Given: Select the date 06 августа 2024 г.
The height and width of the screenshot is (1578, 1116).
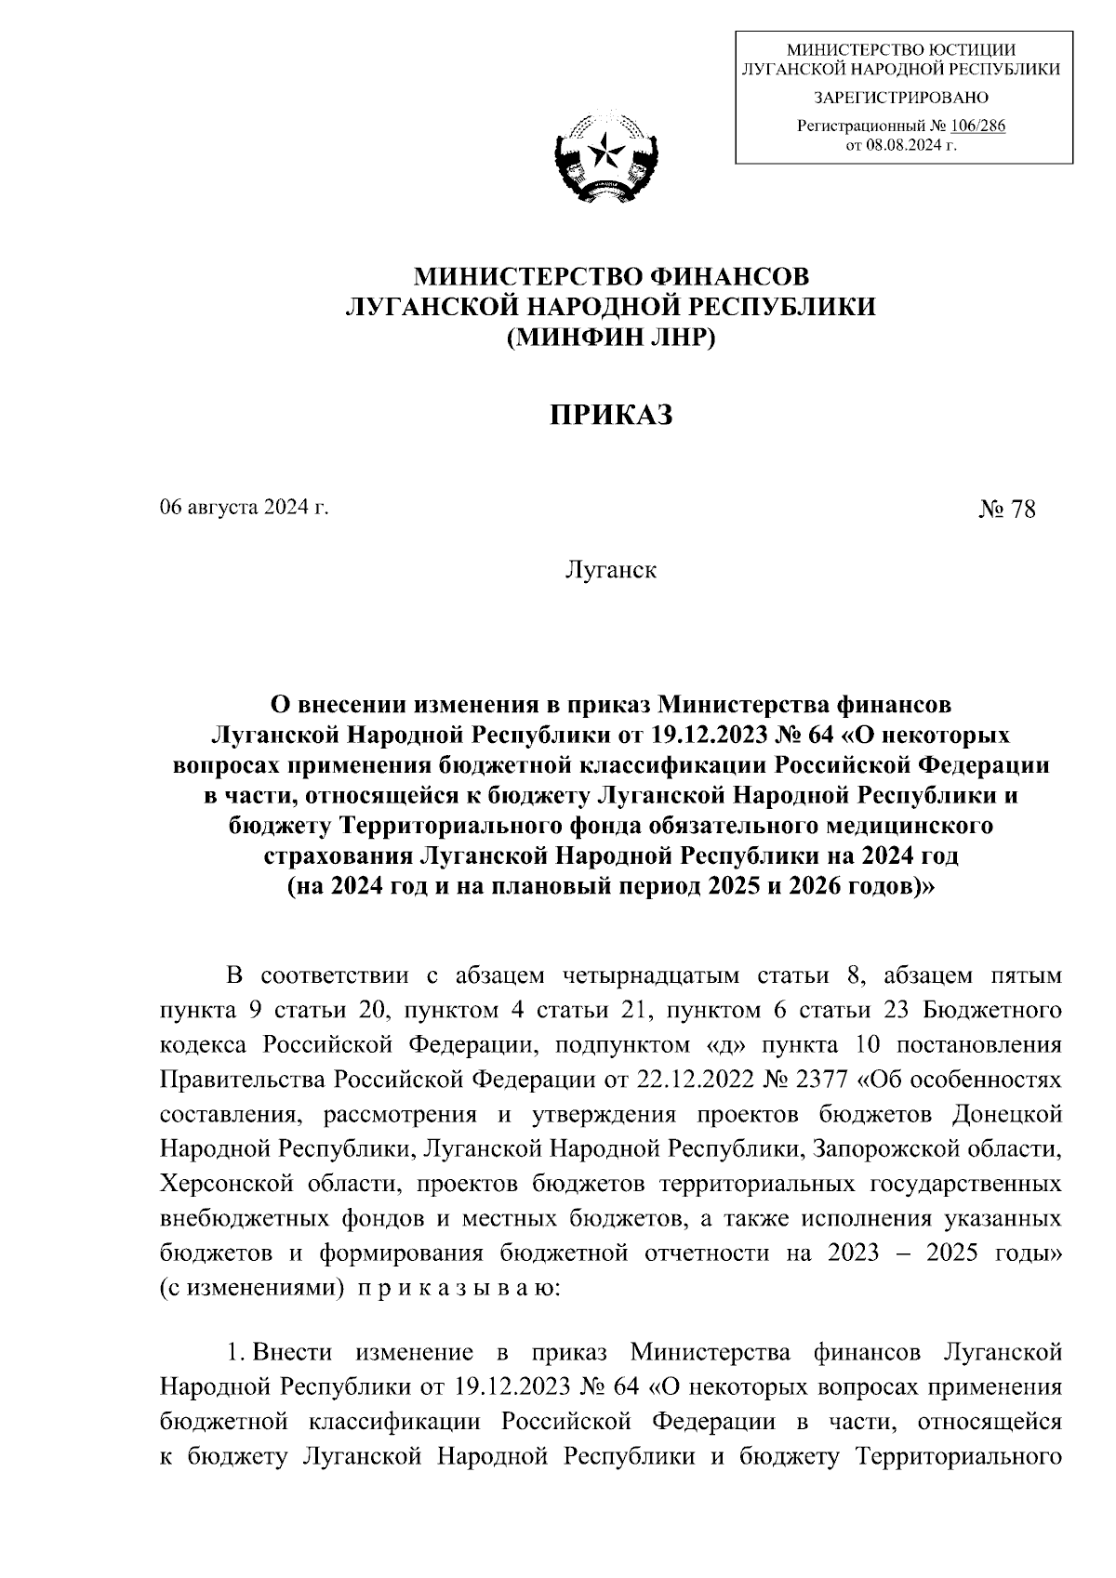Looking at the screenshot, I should click(245, 508).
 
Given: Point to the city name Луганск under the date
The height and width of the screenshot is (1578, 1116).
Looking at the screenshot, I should click(610, 569).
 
